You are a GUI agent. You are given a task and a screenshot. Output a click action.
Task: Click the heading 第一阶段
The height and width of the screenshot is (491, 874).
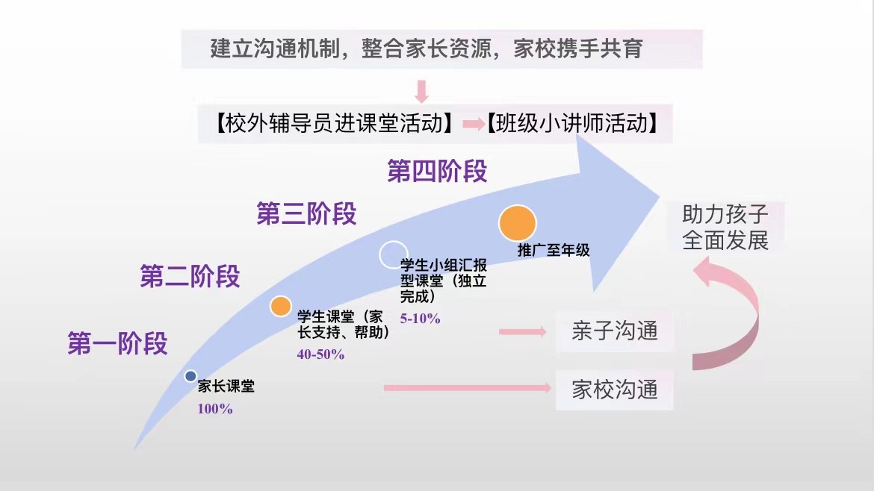(117, 343)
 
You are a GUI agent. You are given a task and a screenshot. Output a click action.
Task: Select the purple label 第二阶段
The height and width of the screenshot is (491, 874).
(190, 276)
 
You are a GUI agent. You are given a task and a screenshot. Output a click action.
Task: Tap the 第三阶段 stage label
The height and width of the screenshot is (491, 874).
(306, 213)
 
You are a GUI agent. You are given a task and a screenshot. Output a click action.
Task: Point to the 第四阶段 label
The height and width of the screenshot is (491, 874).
(438, 171)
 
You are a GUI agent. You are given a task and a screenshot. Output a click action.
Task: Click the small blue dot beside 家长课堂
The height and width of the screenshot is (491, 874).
(190, 376)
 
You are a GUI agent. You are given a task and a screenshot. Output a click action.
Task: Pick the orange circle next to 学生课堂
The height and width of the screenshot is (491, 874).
(280, 306)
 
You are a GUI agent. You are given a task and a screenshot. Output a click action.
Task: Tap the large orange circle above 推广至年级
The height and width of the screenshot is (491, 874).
(517, 223)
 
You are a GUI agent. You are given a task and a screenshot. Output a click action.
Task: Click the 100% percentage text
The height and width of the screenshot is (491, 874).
(215, 409)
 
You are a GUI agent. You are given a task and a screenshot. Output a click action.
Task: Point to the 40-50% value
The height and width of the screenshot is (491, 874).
(320, 354)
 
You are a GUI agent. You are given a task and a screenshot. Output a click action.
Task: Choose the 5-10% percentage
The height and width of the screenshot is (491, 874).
(421, 319)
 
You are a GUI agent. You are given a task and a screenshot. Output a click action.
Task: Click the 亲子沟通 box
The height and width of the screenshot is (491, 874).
(614, 331)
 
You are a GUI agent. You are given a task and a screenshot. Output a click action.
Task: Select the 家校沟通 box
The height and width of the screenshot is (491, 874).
(614, 390)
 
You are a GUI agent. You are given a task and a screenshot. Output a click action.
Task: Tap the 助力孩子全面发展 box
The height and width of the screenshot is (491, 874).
(725, 228)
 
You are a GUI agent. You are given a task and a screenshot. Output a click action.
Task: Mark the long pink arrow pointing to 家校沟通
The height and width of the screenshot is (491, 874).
(468, 388)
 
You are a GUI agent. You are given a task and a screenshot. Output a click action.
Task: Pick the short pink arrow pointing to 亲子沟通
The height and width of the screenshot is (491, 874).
(523, 332)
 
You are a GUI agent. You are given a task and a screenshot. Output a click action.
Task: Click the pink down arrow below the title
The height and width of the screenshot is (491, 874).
(422, 92)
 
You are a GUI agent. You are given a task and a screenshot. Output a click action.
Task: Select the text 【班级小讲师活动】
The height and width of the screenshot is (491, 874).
(572, 123)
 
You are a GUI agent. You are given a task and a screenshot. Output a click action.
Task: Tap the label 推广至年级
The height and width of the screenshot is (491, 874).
(554, 251)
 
